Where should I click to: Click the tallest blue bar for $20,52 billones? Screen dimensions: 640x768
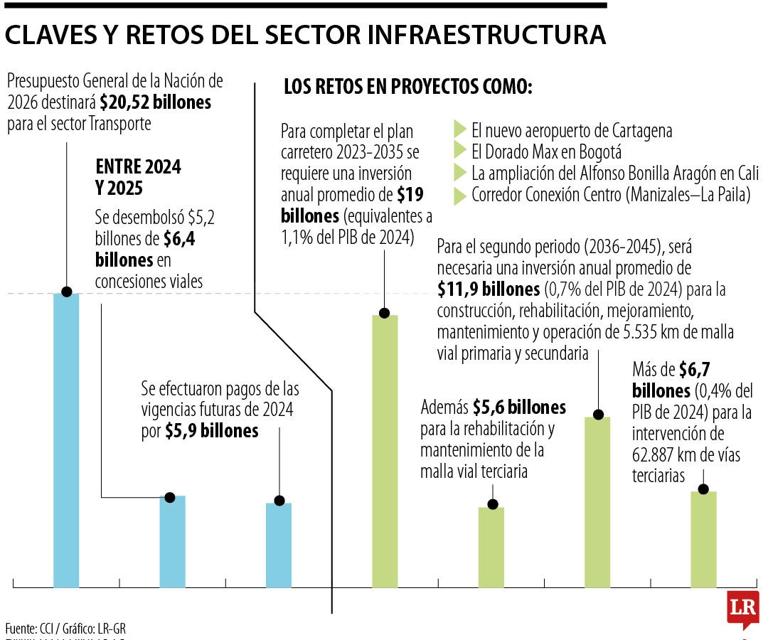click(66, 441)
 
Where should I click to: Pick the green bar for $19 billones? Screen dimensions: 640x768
click(385, 452)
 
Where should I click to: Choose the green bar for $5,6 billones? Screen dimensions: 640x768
click(491, 547)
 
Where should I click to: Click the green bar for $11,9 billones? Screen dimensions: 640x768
click(597, 502)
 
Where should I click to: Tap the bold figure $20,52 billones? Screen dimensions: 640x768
click(156, 102)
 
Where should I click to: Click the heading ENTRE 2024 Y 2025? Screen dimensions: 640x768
click(138, 178)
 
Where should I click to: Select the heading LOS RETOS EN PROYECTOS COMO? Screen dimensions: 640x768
click(408, 87)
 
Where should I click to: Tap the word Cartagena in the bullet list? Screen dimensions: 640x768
click(631, 131)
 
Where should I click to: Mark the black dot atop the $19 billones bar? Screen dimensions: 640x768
click(385, 313)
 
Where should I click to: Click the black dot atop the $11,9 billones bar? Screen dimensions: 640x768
click(598, 414)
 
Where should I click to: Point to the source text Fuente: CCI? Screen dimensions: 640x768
click(29, 629)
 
